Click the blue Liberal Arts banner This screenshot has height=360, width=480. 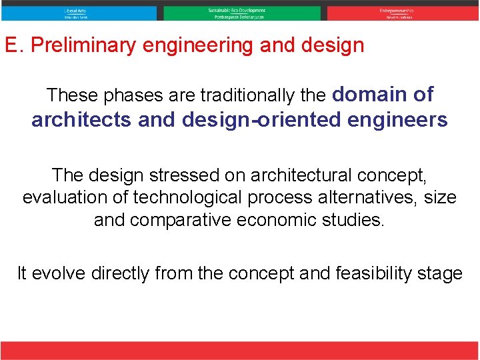pos(79,13)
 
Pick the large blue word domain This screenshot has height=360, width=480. pos(368,95)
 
